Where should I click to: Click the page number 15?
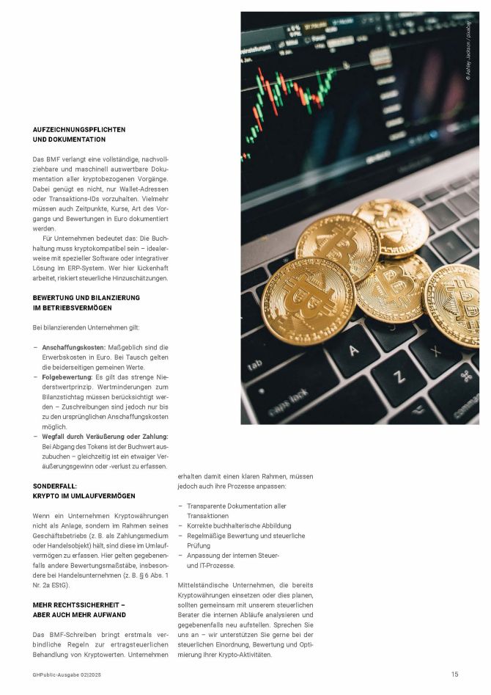pos(454,674)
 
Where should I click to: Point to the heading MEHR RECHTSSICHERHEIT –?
pos(79,605)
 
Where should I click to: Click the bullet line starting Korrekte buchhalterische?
pos(229,525)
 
